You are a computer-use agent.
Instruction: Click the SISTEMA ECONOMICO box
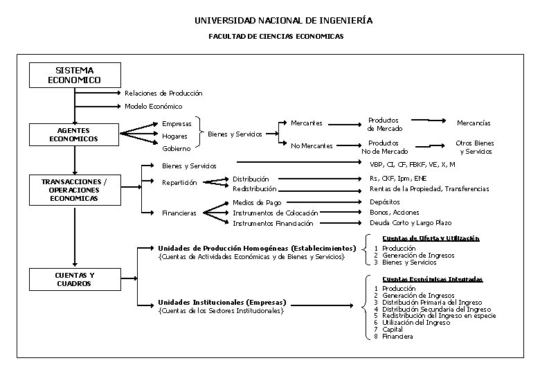74,75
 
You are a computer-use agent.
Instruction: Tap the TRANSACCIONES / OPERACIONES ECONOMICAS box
74,190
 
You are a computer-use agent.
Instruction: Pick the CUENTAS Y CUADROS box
74,279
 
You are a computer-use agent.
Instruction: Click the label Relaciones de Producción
163,93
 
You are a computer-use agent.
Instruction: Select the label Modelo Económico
153,107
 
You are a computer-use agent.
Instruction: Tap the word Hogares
174,136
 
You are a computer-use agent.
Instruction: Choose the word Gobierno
176,149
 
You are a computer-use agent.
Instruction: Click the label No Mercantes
312,145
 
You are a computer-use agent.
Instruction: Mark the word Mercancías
474,123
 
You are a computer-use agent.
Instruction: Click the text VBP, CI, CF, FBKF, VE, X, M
412,165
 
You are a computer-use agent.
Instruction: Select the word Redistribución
254,188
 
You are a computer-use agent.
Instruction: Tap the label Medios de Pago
257,202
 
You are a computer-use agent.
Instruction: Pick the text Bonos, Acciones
395,213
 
